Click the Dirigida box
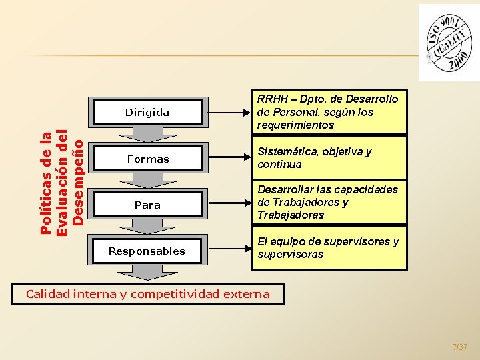pos(147,113)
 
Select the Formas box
pos(147,159)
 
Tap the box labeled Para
pos(147,205)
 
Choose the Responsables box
pos(147,251)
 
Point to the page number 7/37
pos(459,347)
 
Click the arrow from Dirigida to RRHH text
pos(227,112)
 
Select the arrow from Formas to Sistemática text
pos(227,158)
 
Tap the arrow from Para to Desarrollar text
pos(227,204)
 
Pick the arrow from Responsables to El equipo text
pos(227,250)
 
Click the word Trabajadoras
pos(291,215)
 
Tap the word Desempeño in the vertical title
pos(77,181)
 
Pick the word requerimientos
pos(295,125)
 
